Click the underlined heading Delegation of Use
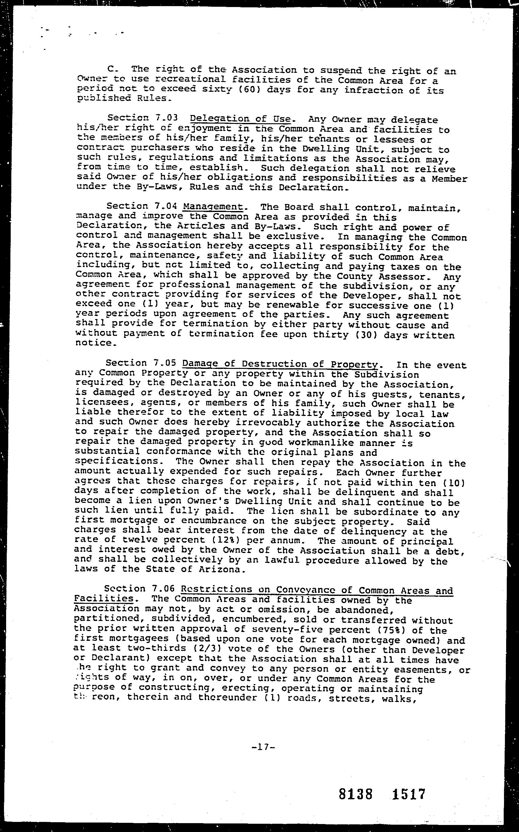240,119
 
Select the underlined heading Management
213,206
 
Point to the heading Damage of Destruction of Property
280,364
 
